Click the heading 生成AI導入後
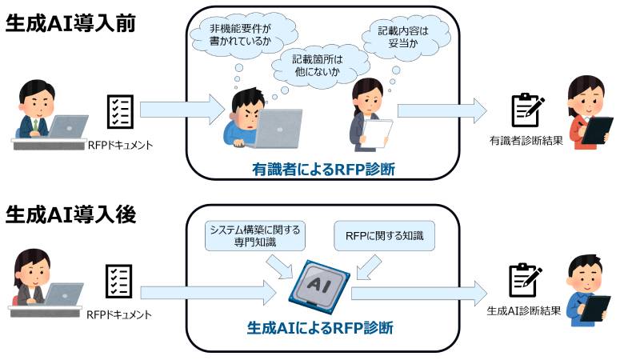pos(70,214)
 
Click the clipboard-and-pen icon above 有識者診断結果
pos(527,111)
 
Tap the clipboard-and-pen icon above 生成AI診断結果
pos(526,281)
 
